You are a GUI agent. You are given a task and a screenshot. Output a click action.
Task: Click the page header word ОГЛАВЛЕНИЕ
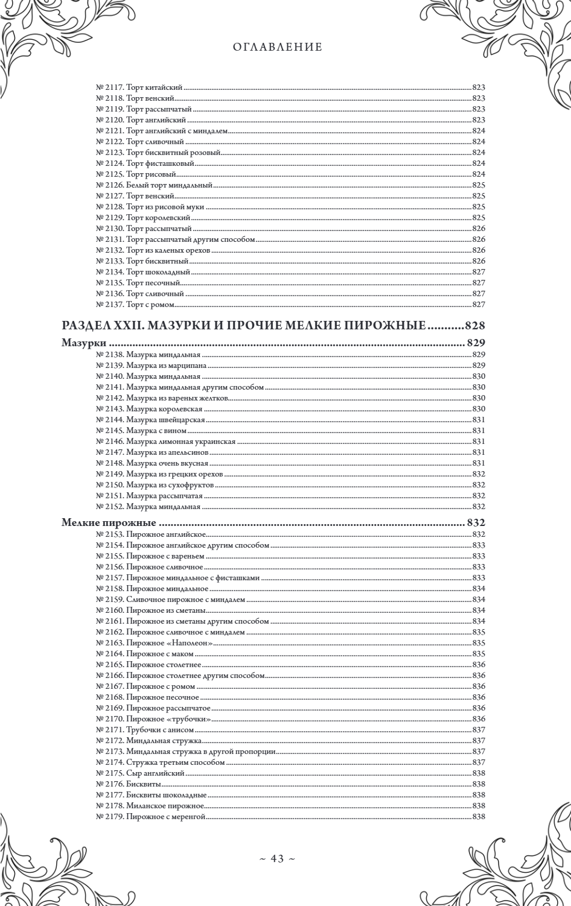click(278, 47)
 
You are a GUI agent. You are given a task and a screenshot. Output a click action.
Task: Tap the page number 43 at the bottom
click(277, 858)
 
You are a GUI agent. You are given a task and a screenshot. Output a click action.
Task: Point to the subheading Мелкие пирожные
click(109, 523)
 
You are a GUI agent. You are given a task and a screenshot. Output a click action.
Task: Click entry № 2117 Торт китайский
click(139, 87)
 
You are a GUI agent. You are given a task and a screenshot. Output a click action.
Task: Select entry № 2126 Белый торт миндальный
click(154, 185)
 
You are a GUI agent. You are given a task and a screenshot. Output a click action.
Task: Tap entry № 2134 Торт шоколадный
click(142, 272)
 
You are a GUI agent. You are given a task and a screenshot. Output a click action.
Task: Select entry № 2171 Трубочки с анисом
click(145, 729)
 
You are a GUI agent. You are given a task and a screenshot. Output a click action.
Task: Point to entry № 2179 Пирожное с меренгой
click(151, 816)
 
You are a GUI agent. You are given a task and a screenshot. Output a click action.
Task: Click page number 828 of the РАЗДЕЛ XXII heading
click(475, 326)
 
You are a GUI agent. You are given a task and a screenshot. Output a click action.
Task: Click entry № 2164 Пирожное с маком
click(145, 653)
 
